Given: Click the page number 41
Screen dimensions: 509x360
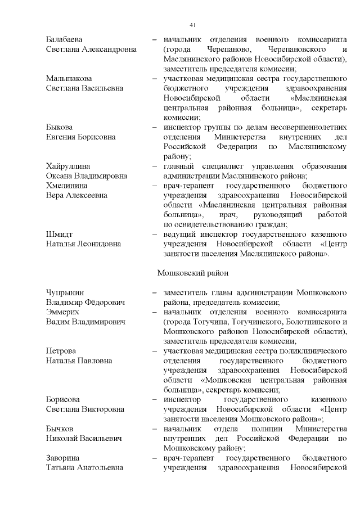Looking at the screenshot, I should point(192,25).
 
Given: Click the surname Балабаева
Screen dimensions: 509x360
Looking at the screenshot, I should point(65,39).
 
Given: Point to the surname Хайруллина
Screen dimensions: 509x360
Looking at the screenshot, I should point(67,166).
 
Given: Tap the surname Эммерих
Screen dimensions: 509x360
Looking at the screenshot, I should point(62,312).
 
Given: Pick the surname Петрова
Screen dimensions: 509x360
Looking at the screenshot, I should point(61,350).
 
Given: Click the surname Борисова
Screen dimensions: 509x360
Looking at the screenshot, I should point(64,399).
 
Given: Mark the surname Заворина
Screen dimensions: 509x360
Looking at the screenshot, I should point(62,458).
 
